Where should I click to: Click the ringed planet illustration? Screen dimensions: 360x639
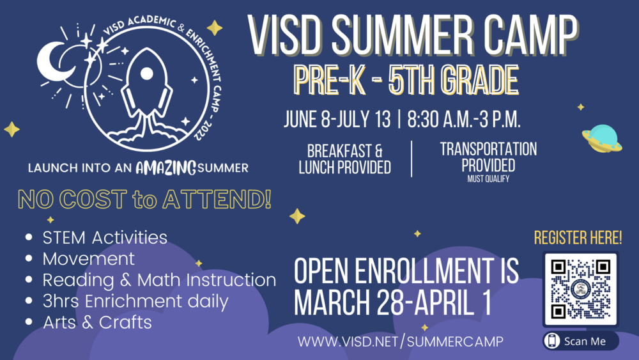click(601, 138)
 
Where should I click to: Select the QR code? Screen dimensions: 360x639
click(580, 289)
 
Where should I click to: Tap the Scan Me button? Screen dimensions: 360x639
click(581, 341)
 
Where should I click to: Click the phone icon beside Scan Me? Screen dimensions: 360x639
click(552, 341)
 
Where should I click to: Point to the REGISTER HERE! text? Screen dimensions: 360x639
click(578, 239)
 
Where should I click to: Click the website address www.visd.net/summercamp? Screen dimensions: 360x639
click(401, 341)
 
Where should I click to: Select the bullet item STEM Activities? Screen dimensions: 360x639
click(105, 238)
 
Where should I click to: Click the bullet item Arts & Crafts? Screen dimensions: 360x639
click(97, 322)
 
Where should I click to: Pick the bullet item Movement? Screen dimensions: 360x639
click(88, 259)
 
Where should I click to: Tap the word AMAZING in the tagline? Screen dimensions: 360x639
click(166, 168)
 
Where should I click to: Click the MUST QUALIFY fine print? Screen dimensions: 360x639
click(488, 180)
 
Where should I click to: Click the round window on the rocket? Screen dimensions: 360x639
click(146, 74)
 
